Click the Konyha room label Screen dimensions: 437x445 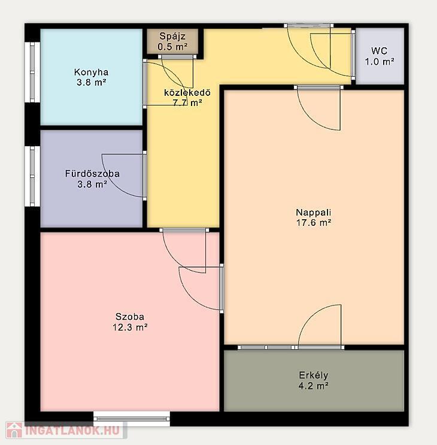click(x=92, y=72)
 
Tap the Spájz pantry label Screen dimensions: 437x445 click(x=172, y=37)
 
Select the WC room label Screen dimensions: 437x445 click(x=380, y=51)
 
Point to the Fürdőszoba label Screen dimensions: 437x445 click(x=92, y=174)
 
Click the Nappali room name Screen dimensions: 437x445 click(x=313, y=212)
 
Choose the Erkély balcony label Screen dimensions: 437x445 click(x=313, y=376)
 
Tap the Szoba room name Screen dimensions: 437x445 click(x=130, y=316)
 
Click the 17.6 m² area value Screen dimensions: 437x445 click(x=314, y=223)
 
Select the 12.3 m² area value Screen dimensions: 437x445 click(x=130, y=327)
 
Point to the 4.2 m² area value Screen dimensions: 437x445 click(x=313, y=386)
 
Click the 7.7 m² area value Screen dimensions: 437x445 click(x=187, y=103)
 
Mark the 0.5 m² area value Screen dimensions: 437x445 click(x=172, y=47)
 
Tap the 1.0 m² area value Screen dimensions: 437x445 click(x=380, y=62)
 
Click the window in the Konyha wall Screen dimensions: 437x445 click(x=32, y=72)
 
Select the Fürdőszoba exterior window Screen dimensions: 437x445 click(x=32, y=176)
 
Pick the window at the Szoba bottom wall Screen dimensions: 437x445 click(x=132, y=419)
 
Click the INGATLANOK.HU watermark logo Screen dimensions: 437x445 click(x=66, y=430)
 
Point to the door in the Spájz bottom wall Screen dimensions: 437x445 click(x=177, y=57)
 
